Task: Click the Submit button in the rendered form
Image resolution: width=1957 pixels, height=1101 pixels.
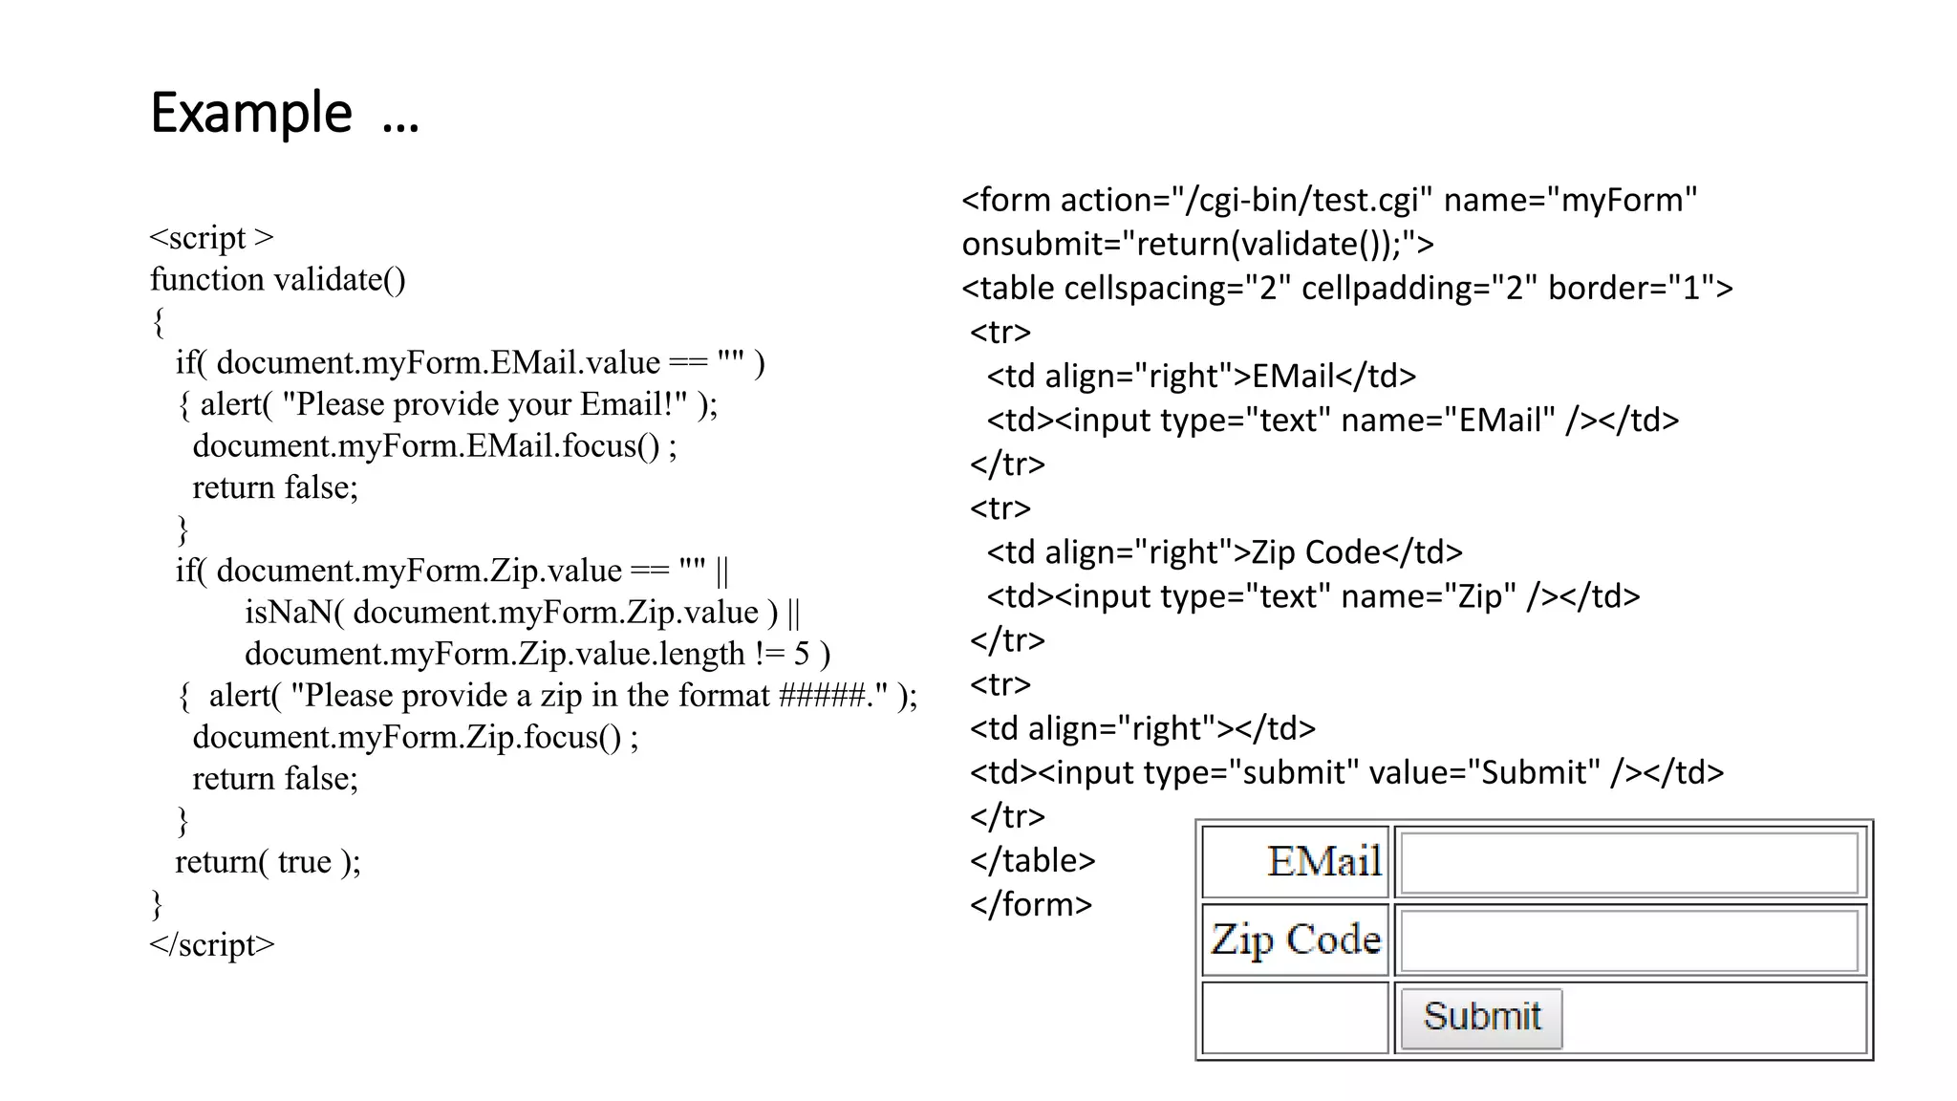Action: point(1481,1018)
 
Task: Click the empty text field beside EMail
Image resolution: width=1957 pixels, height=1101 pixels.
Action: point(1629,863)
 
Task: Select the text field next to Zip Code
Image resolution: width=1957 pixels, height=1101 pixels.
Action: point(1629,940)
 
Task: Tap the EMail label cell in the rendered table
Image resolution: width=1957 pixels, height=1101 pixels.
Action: point(1324,862)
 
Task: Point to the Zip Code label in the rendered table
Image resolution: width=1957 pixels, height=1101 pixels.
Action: point(1296,940)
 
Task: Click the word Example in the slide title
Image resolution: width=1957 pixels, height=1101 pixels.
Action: point(251,114)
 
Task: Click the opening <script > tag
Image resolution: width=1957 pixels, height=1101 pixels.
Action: point(211,237)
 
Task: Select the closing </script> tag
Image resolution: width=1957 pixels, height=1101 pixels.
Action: point(211,944)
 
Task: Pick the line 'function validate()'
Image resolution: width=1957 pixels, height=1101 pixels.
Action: point(277,279)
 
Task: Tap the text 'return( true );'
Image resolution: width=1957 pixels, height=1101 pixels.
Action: point(268,862)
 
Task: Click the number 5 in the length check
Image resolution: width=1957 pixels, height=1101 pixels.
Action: point(802,654)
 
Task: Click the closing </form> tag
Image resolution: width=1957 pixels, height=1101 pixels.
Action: point(1030,904)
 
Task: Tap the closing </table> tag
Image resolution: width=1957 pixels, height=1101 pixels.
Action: point(1032,860)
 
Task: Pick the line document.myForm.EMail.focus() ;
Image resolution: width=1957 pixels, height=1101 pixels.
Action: point(435,446)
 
